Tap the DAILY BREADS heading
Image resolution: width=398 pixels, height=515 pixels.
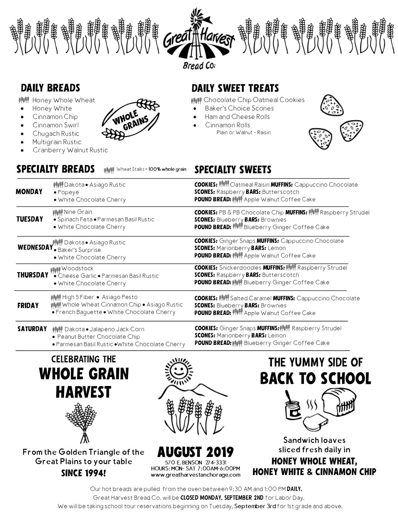coord(50,88)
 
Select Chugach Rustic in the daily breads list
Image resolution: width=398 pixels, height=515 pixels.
coord(56,134)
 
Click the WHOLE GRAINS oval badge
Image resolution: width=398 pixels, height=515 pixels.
coord(131,120)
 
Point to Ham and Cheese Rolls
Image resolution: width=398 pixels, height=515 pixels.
coord(237,117)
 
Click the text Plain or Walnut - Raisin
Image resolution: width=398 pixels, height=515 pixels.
coord(243,132)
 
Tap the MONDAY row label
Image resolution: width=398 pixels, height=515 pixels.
coord(29,192)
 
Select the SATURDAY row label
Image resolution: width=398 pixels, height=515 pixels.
coord(32,329)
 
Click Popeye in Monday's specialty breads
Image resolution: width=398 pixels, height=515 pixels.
coord(68,192)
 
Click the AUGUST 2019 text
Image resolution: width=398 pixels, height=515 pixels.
coord(195,452)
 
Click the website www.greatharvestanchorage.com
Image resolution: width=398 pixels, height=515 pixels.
coord(195,475)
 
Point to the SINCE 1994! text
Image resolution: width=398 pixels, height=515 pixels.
coord(83,473)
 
